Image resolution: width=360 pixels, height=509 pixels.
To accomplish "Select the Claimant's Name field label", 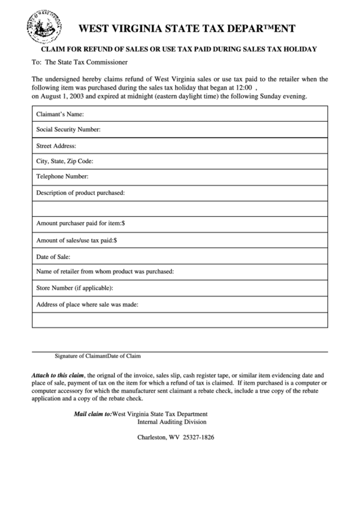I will pos(60,113).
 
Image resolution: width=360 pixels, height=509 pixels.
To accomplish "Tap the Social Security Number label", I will pos(68,129).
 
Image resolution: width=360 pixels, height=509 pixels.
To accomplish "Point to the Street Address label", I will pos(56,145).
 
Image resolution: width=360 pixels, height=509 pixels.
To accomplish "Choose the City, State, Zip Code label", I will pos(64,161).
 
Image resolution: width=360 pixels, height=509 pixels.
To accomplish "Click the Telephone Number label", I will pos(62,177).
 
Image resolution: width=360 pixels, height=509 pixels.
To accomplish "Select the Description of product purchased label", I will pos(80,193).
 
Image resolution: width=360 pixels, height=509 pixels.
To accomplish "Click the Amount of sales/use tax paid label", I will pos(77,240).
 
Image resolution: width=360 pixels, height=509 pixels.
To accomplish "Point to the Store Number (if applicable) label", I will pos(74,288).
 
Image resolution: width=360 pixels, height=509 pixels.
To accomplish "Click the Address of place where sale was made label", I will pos(87,304).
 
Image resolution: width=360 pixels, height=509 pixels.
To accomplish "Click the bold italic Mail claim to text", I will pos(92,414).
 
